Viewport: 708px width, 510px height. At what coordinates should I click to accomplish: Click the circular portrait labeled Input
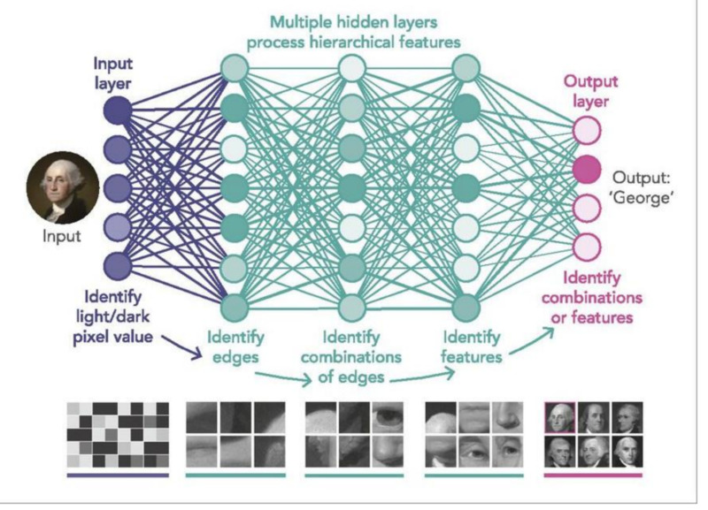pyautogui.click(x=62, y=187)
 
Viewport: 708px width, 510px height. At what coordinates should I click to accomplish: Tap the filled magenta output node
pyautogui.click(x=587, y=169)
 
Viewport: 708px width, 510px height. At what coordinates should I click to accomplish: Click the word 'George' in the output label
pyautogui.click(x=641, y=198)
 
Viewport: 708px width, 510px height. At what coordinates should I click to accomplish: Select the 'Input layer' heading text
pyautogui.click(x=113, y=73)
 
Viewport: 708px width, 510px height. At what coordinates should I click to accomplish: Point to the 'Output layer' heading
pyautogui.click(x=590, y=92)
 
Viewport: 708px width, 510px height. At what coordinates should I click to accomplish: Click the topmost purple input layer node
pyautogui.click(x=118, y=110)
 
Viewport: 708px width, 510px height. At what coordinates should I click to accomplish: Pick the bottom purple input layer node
pyautogui.click(x=118, y=265)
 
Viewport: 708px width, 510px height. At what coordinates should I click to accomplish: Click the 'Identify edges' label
pyautogui.click(x=235, y=346)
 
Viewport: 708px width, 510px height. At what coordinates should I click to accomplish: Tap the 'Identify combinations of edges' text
pyautogui.click(x=351, y=357)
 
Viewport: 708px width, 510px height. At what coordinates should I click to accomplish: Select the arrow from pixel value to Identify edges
pyautogui.click(x=182, y=347)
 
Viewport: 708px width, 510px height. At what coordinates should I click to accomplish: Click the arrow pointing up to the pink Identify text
pyautogui.click(x=532, y=341)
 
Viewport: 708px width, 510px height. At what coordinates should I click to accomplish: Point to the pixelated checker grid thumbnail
pyautogui.click(x=118, y=435)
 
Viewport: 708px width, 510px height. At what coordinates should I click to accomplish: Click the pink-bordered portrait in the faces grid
pyautogui.click(x=560, y=417)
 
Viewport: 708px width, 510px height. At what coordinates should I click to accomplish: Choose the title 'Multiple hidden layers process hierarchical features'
pyautogui.click(x=353, y=32)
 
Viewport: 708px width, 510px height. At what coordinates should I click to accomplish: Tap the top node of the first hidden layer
pyautogui.click(x=235, y=69)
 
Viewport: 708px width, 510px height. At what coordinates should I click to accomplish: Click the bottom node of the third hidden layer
pyautogui.click(x=466, y=308)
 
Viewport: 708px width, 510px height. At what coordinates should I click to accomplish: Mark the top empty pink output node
pyautogui.click(x=587, y=130)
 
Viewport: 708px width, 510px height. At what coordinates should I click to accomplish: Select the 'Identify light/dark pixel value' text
pyautogui.click(x=113, y=317)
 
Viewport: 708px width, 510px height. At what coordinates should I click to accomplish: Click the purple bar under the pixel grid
pyautogui.click(x=118, y=476)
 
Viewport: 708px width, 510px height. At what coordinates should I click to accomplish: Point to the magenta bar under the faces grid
pyautogui.click(x=593, y=476)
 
